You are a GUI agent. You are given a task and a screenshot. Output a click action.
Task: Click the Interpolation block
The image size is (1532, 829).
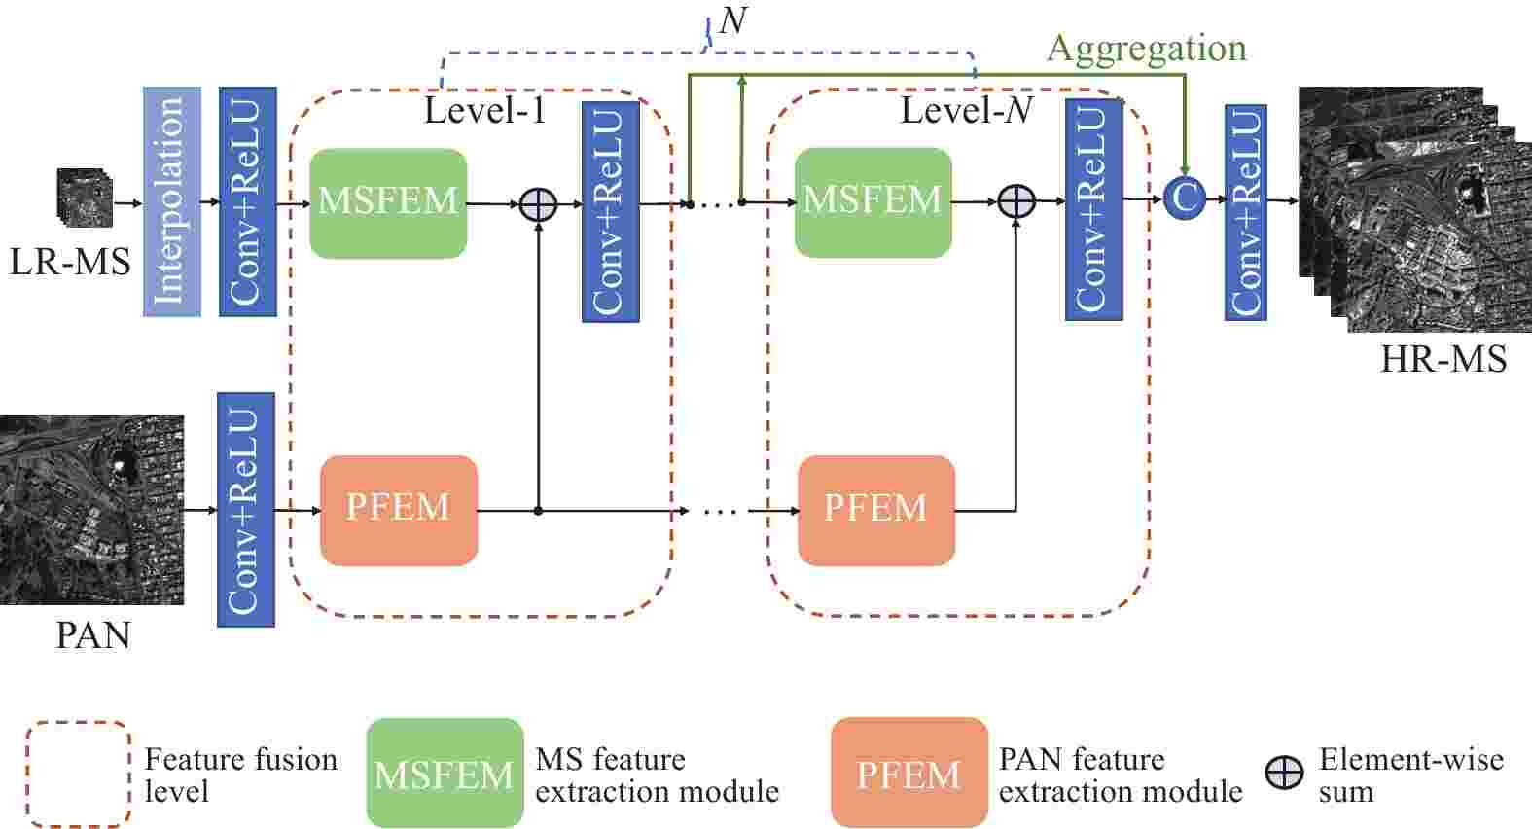pos(172,201)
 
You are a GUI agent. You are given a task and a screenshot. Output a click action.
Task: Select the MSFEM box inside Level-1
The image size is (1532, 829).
pos(388,202)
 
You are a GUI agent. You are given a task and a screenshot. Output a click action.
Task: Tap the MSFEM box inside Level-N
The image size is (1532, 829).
pos(873,201)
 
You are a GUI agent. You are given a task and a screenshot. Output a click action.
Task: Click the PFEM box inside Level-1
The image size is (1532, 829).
pos(399,509)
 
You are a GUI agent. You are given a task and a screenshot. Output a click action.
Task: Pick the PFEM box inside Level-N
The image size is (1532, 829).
pos(875,509)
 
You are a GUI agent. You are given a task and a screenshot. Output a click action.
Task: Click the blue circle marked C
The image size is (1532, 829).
pos(1184,198)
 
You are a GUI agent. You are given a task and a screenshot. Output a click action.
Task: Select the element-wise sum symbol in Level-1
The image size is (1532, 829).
pos(538,204)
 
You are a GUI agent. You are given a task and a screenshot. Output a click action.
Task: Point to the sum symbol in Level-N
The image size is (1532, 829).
pos(1015,201)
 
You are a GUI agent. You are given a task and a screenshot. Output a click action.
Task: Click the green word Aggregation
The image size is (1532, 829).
pos(1146,49)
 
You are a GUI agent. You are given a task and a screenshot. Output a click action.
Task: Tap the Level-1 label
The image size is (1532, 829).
pos(484,110)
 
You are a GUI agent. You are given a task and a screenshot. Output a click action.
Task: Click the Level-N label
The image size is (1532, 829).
pos(966,110)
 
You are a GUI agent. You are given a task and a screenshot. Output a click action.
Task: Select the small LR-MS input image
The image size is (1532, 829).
pos(85,198)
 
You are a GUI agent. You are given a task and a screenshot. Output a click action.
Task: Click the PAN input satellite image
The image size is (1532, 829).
pos(91,509)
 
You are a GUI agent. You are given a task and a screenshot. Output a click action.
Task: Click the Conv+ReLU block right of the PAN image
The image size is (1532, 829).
pos(245,509)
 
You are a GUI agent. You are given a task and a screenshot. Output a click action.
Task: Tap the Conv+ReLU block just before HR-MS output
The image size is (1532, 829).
pos(1245,211)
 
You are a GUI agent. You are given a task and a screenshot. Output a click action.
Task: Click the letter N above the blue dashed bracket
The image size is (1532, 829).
pos(732,19)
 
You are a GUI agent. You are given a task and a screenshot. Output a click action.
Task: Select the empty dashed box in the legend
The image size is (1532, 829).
pos(78,774)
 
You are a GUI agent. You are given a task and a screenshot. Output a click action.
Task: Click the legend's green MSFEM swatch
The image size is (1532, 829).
pos(445,774)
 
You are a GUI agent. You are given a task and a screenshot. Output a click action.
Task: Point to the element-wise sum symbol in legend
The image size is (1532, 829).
pos(1284,774)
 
